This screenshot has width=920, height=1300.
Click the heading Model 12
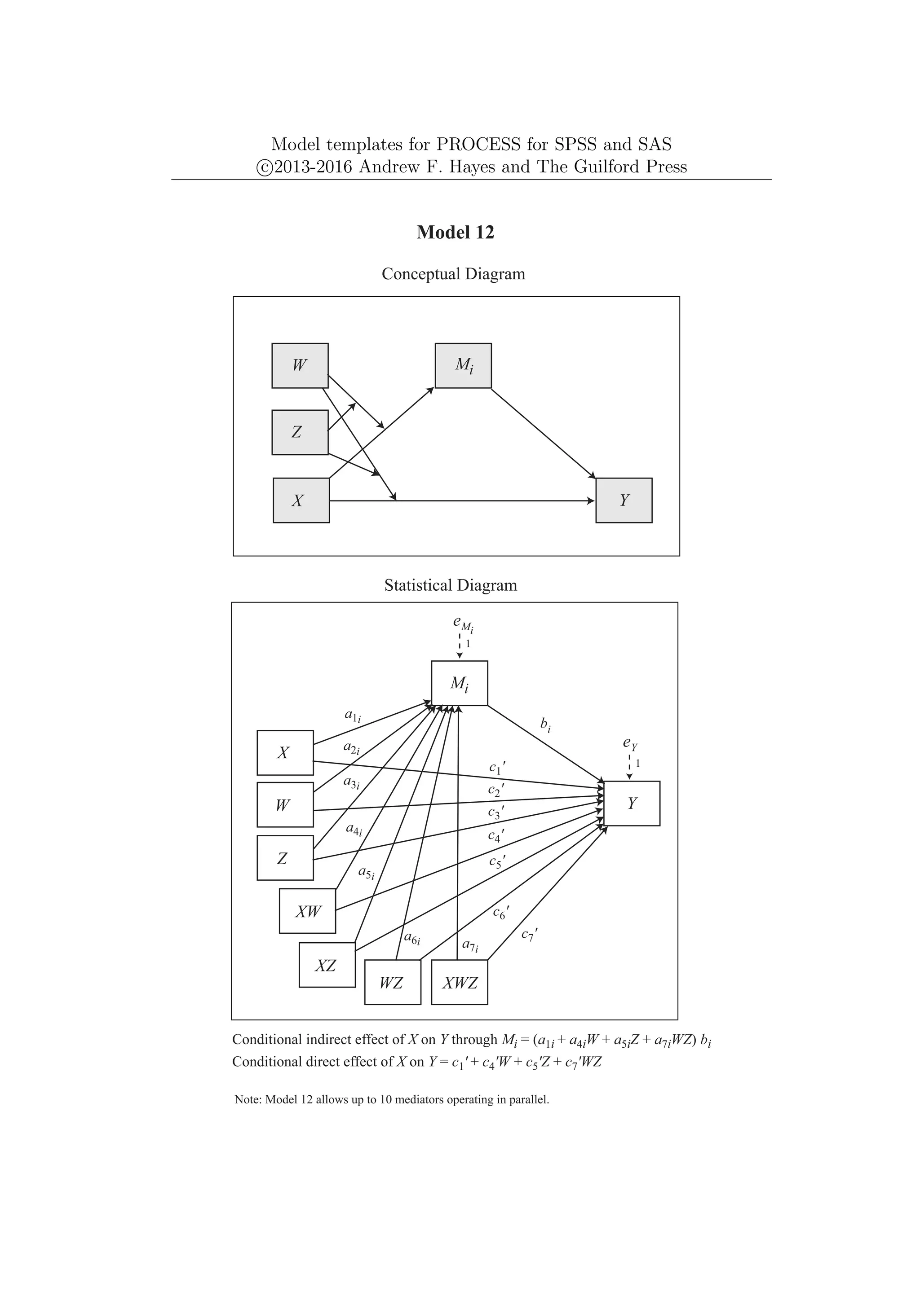[456, 232]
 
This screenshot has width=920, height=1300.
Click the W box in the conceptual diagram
[300, 366]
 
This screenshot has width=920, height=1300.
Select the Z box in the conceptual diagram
[300, 433]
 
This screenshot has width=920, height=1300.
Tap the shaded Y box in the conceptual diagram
[624, 501]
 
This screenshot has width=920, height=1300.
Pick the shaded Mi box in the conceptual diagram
[463, 366]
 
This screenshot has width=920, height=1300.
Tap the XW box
[307, 912]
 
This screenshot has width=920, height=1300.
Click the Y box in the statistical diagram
[632, 804]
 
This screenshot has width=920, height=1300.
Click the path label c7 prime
[529, 935]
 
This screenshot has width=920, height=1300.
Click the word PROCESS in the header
[478, 145]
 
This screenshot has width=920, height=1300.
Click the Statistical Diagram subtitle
[451, 585]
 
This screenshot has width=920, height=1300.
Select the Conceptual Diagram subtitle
[453, 274]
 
